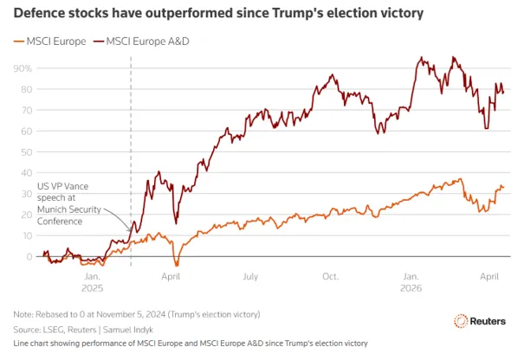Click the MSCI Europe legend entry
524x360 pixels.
tap(49, 42)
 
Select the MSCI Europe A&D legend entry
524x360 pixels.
tap(141, 42)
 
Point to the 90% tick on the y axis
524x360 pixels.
tap(23, 68)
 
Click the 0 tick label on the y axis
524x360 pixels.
tap(29, 257)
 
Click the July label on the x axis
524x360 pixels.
tap(250, 277)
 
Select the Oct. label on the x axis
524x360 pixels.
tap(330, 277)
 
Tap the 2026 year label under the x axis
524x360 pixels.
tap(411, 288)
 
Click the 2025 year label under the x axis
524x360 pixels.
tap(92, 288)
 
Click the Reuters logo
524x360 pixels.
tap(480, 321)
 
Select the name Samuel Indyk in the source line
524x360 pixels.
tap(128, 330)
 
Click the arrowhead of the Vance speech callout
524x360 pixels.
tap(130, 230)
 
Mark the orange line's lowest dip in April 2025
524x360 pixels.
tap(177, 266)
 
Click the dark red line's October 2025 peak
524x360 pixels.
tap(332, 74)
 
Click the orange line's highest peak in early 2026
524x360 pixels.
tap(461, 179)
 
